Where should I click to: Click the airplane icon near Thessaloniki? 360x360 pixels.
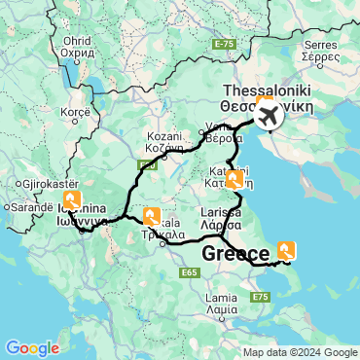click(268, 117)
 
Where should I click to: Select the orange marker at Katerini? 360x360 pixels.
click(234, 178)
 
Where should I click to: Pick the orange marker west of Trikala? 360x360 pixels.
click(151, 216)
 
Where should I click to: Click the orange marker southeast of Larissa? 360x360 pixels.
click(287, 249)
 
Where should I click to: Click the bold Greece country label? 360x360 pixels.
click(236, 254)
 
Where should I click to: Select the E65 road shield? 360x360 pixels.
click(191, 273)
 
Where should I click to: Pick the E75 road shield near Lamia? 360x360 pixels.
click(260, 296)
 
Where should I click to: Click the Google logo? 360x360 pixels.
click(32, 347)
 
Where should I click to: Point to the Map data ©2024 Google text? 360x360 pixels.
click(301, 352)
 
